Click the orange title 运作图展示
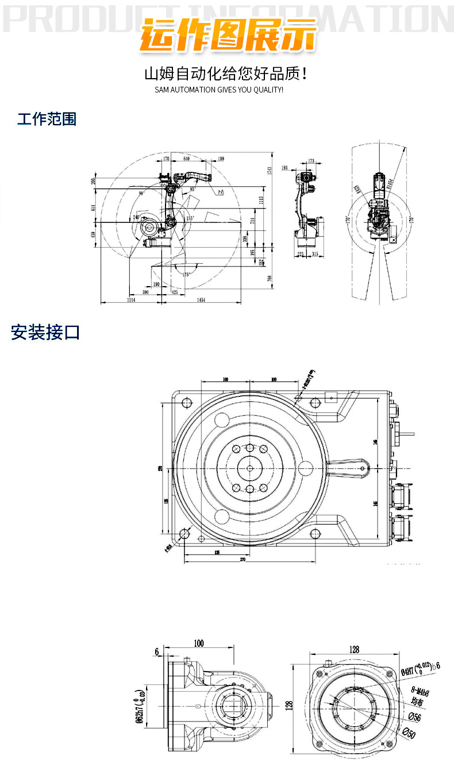click(x=228, y=36)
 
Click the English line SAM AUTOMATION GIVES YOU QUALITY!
click(x=219, y=90)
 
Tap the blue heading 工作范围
click(x=47, y=119)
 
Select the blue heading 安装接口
click(x=45, y=332)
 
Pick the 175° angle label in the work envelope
click(x=185, y=275)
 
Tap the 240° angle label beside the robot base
click(x=137, y=217)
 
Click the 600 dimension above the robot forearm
click(x=187, y=159)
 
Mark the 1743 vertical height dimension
click(x=269, y=171)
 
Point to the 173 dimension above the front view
click(x=311, y=161)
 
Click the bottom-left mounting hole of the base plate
click(x=184, y=534)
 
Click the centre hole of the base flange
click(x=249, y=468)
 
